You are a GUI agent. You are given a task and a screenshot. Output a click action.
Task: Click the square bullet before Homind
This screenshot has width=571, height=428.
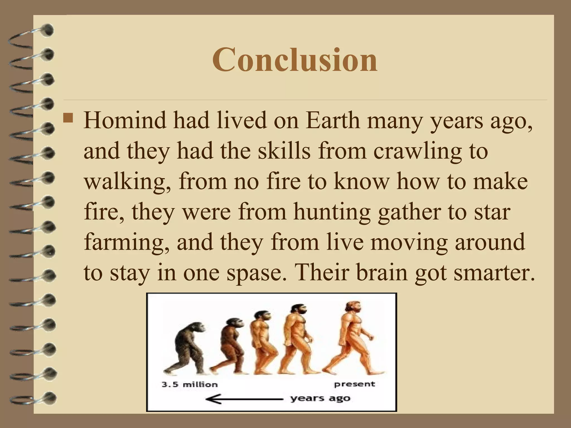click(x=68, y=118)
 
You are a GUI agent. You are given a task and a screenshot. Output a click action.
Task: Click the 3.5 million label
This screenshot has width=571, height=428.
click(x=190, y=385)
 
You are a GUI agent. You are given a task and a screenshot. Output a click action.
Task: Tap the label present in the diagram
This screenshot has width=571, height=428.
click(x=355, y=385)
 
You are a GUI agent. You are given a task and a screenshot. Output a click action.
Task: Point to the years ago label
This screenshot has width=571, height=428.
click(x=320, y=399)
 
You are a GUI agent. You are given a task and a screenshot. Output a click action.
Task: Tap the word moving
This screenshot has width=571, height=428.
click(x=411, y=243)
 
